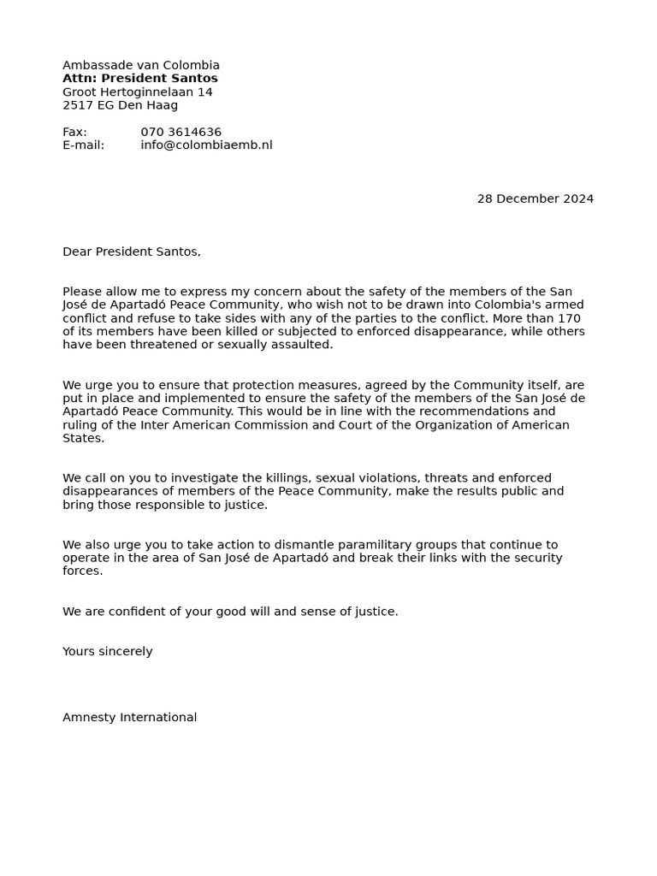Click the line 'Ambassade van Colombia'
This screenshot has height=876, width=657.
point(141,65)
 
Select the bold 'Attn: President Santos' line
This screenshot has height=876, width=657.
point(140,79)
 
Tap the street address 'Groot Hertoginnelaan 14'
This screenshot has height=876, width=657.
point(138,92)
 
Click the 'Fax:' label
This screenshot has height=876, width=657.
point(74,133)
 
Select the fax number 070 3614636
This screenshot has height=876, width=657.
point(181,133)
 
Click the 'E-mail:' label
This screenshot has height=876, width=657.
point(83,145)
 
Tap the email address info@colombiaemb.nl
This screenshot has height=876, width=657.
point(206,145)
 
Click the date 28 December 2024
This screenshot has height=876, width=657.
point(535,199)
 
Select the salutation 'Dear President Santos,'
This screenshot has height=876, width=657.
point(132,252)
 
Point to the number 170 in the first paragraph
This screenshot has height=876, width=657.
point(569,318)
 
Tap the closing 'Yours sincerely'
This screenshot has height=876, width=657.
point(108,652)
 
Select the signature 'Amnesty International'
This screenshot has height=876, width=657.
point(130,718)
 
